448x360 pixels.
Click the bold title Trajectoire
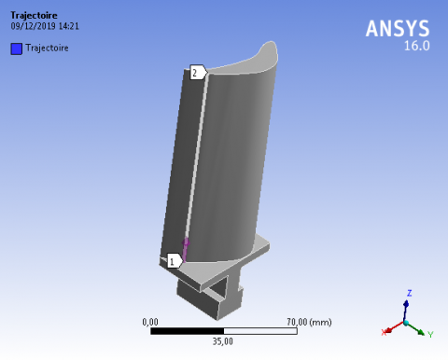34,15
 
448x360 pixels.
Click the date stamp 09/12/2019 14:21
45,26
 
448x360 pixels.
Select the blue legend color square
17,48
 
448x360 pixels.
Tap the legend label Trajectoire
47,48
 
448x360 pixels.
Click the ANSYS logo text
398,29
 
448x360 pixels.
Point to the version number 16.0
417,46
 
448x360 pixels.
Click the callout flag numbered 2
198,73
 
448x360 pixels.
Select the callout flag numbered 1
175,260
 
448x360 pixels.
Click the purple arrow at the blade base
186,249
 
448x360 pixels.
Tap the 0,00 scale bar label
150,322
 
